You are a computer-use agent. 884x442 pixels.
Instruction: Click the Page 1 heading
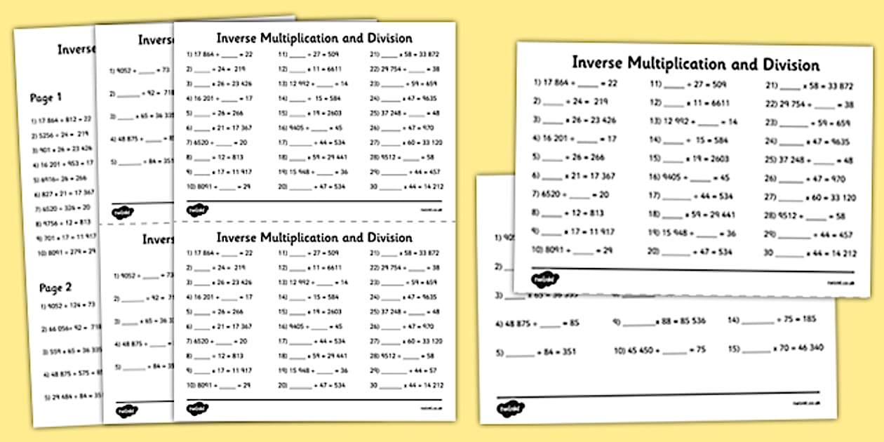tap(46, 98)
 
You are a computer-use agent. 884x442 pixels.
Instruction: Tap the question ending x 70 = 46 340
tap(775, 348)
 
